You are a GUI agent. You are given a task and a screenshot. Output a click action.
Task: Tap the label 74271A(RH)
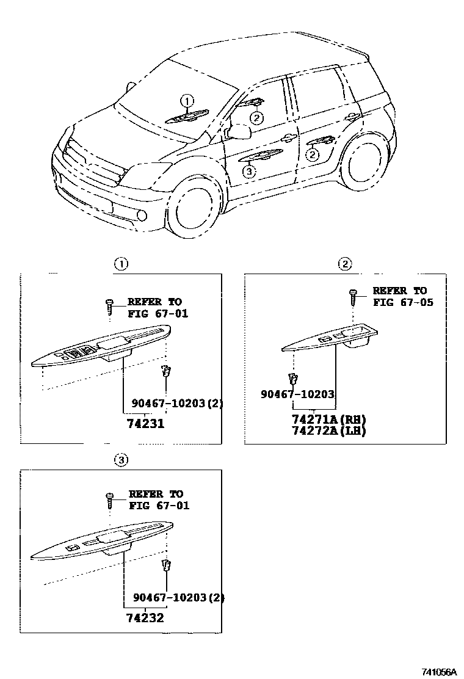click(x=329, y=419)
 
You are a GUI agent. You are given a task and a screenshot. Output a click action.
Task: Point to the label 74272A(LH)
click(x=329, y=431)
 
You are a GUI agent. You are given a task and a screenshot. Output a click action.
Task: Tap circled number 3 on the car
click(x=248, y=172)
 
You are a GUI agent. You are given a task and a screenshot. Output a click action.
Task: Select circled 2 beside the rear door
click(x=313, y=154)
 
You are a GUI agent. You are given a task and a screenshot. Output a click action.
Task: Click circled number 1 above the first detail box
click(x=121, y=264)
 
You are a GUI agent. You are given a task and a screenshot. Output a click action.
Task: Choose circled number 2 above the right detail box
click(x=345, y=264)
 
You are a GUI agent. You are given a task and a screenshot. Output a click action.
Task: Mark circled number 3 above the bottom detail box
click(x=121, y=460)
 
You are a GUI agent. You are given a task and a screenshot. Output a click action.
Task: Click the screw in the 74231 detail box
click(x=110, y=305)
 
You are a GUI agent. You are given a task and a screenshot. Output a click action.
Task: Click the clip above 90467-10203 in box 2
click(x=293, y=379)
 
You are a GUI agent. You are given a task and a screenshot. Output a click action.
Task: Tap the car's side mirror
click(x=239, y=131)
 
